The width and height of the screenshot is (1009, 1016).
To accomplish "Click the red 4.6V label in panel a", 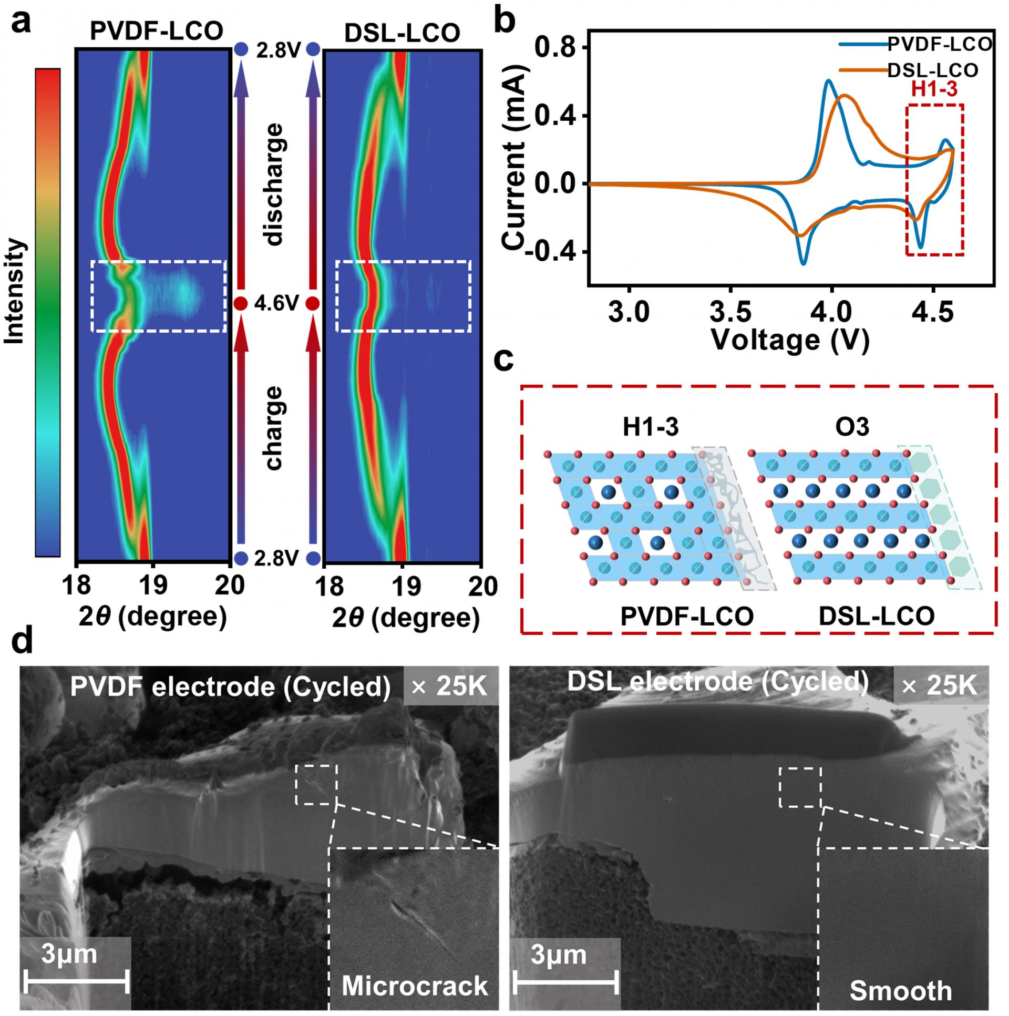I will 276,303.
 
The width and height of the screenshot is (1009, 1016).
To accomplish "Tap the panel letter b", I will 505,22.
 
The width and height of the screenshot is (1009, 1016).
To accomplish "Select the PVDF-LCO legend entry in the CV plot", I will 939,44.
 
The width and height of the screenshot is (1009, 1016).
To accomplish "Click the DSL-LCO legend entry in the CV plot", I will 932,70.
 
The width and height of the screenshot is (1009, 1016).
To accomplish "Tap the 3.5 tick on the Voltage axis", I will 730,312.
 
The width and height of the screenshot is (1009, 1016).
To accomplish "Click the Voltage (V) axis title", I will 790,340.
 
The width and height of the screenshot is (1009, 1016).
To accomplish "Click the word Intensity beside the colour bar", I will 15,291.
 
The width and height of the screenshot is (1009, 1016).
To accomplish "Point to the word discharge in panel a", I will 274,184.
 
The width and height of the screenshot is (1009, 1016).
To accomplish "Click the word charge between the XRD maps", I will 274,427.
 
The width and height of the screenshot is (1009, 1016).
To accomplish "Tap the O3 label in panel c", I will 852,426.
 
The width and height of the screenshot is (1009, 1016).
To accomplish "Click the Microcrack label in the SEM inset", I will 414,986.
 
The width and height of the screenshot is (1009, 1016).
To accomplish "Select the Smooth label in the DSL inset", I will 901,990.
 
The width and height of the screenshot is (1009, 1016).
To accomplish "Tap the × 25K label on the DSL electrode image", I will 941,685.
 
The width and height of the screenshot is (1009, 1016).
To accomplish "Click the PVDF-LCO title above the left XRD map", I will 156,32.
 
